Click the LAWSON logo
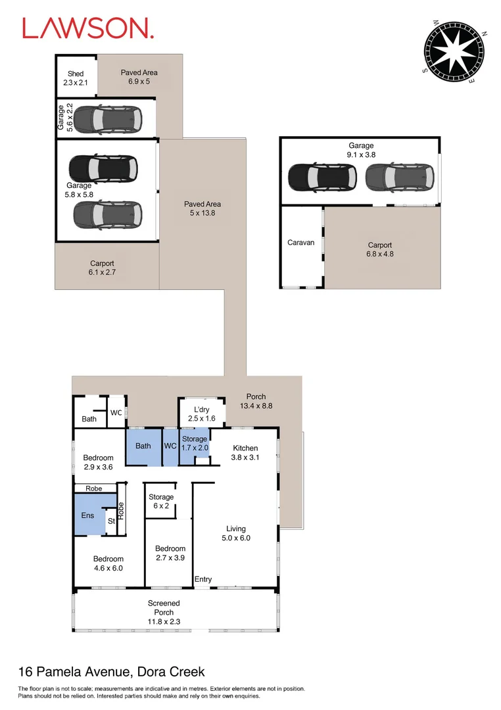[x=88, y=28]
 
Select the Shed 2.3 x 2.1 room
[x=76, y=78]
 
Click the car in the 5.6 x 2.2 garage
[x=107, y=118]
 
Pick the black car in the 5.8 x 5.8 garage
[x=104, y=169]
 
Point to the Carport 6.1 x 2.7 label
[x=102, y=267]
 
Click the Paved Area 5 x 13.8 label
[x=203, y=208]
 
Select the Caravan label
[x=301, y=243]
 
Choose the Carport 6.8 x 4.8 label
[x=380, y=249]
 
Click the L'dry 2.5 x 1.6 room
[x=197, y=414]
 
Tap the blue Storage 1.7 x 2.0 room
[x=195, y=444]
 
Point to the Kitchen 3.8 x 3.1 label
[x=246, y=452]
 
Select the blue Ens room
[x=88, y=515]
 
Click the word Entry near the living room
[x=203, y=579]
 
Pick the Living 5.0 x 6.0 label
[x=236, y=532]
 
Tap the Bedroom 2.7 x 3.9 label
[x=170, y=553]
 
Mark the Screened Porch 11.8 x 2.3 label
[x=164, y=611]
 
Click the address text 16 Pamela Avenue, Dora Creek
[x=111, y=672]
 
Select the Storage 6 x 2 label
[x=161, y=502]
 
